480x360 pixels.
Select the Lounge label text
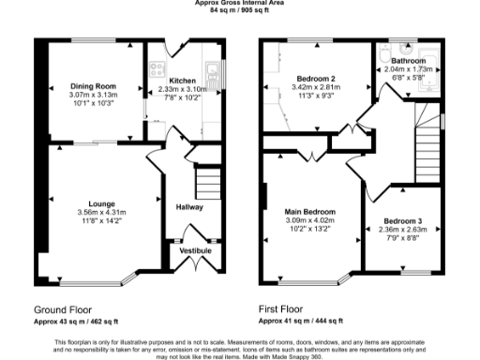[x=102, y=203]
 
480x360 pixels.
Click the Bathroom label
[x=408, y=61]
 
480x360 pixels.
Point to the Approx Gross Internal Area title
[x=240, y=3]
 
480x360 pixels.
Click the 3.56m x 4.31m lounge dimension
[x=102, y=213]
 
